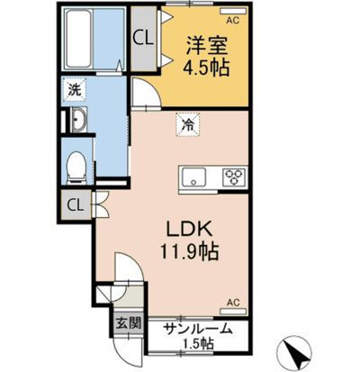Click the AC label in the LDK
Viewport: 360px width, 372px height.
tap(232, 303)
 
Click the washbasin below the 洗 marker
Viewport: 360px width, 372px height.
tap(77, 122)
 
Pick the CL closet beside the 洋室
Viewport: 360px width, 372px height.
tap(142, 38)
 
